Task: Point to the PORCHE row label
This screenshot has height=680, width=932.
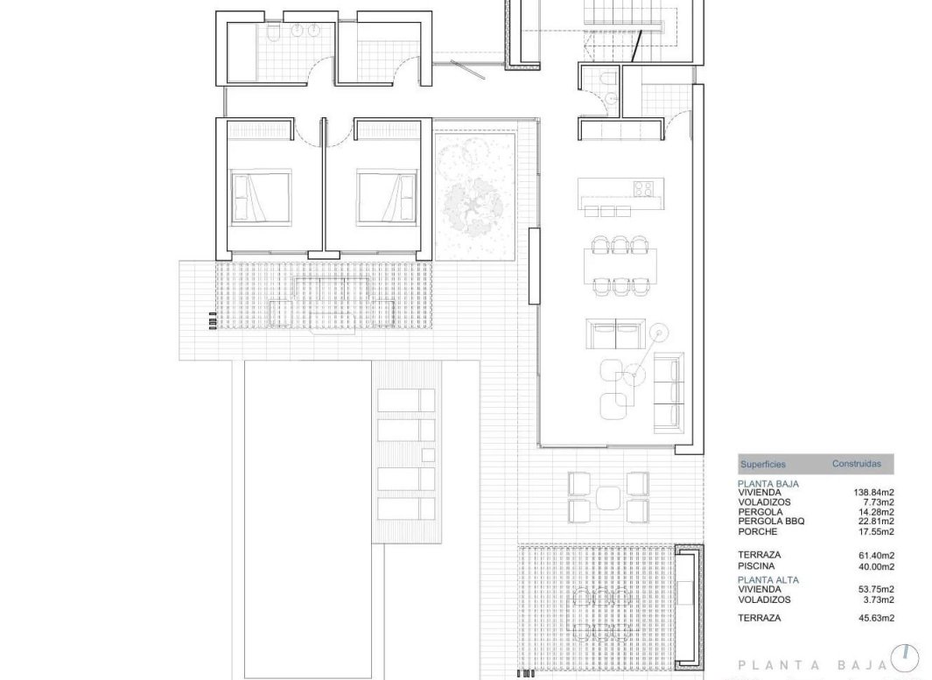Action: point(759,531)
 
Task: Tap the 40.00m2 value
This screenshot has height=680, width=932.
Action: point(875,565)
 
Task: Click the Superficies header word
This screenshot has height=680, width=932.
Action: point(763,465)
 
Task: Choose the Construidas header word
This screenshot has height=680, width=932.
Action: point(856,464)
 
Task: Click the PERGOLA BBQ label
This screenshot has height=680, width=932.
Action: point(771,522)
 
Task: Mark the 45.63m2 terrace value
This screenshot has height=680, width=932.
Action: point(875,618)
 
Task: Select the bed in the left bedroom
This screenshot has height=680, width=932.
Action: point(260,196)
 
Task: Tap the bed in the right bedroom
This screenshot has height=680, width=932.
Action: point(387,196)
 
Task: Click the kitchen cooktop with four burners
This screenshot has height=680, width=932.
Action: point(643,188)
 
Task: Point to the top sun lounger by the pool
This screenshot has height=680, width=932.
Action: point(405,401)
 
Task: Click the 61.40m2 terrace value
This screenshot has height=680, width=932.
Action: point(875,555)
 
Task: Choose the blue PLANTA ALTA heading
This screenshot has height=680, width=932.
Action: point(768,579)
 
